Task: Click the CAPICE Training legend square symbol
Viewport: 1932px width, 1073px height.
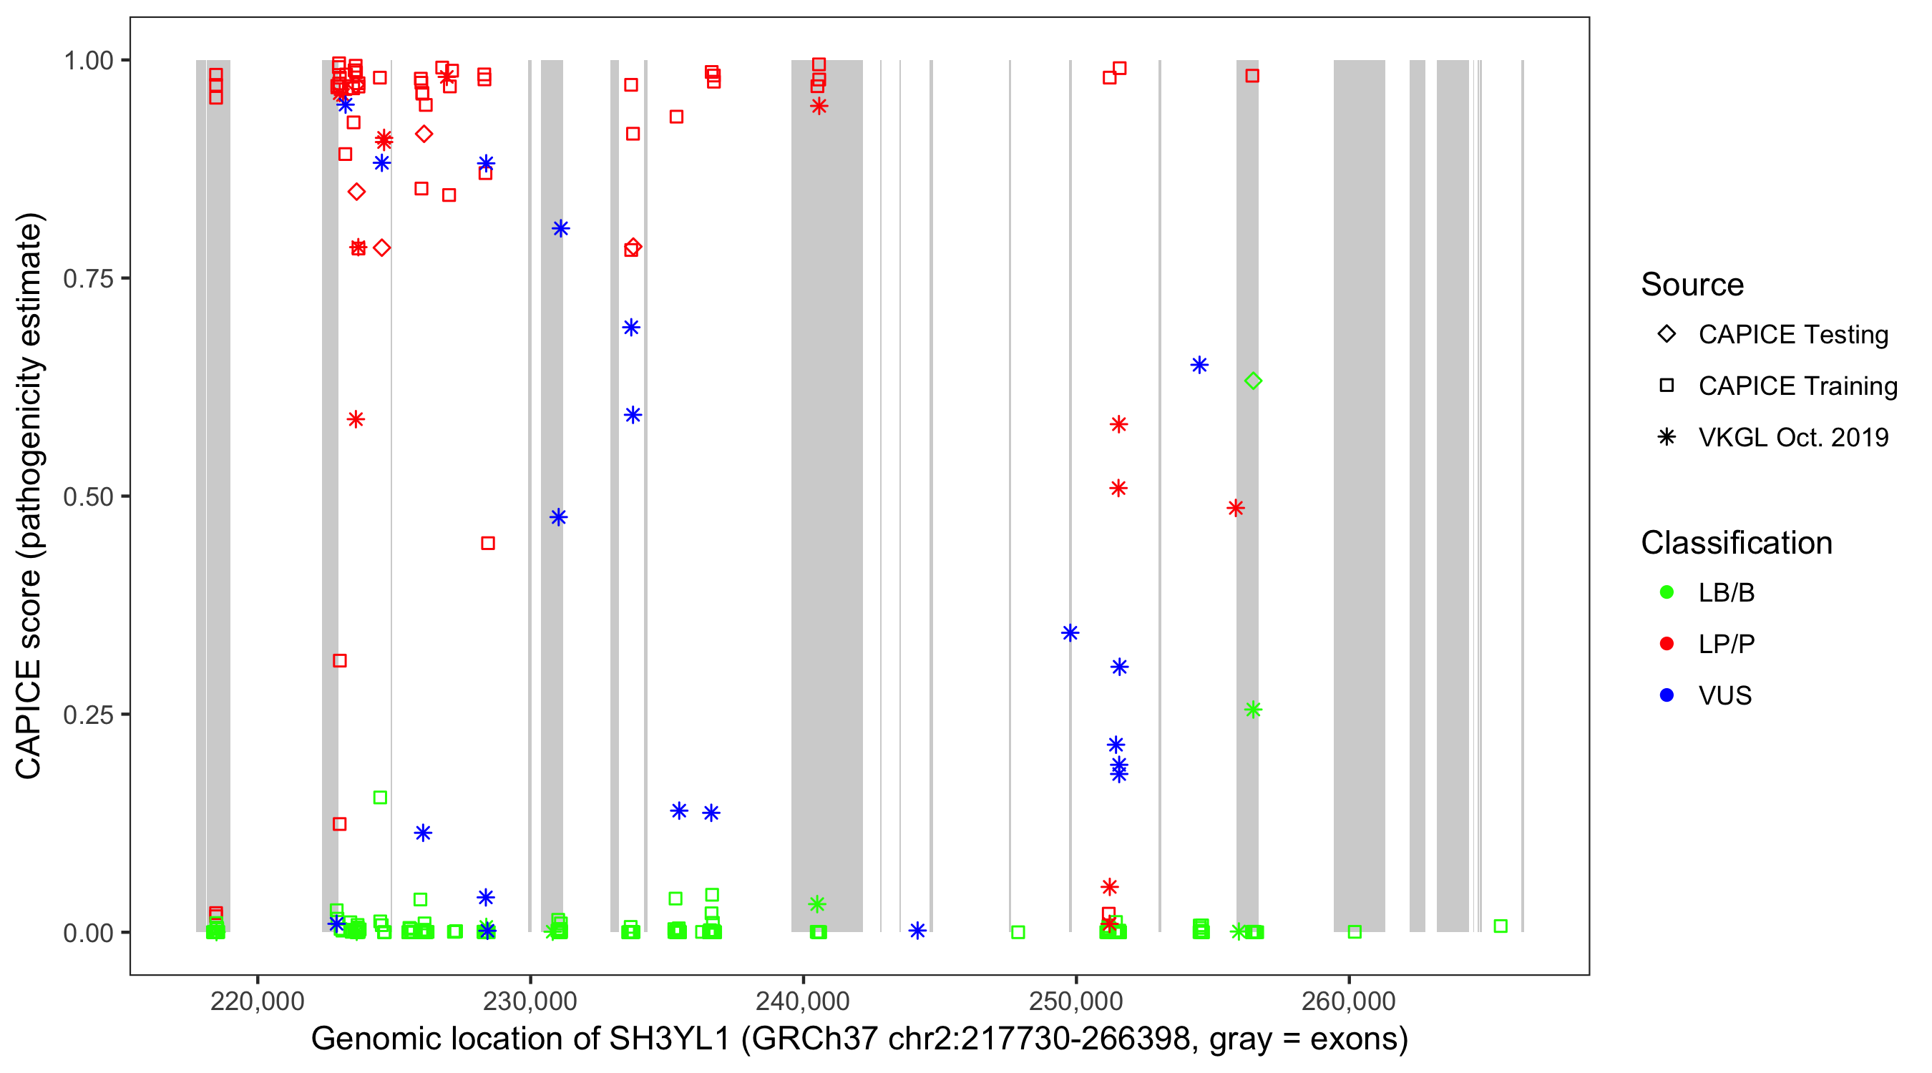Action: (x=1667, y=386)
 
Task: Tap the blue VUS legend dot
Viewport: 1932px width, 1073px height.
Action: (x=1667, y=695)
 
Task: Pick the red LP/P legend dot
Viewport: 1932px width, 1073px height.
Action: (x=1667, y=644)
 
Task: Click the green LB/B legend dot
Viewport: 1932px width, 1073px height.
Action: (x=1667, y=592)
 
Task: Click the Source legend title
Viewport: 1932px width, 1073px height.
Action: (x=1692, y=285)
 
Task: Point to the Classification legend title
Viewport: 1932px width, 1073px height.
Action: (x=1735, y=543)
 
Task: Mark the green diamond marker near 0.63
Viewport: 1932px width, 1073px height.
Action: (x=1252, y=381)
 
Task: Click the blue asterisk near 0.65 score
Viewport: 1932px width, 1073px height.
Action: (x=1199, y=365)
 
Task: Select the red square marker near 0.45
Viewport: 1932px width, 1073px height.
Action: (x=487, y=543)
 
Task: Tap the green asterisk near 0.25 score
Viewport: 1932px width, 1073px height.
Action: (x=1252, y=710)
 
